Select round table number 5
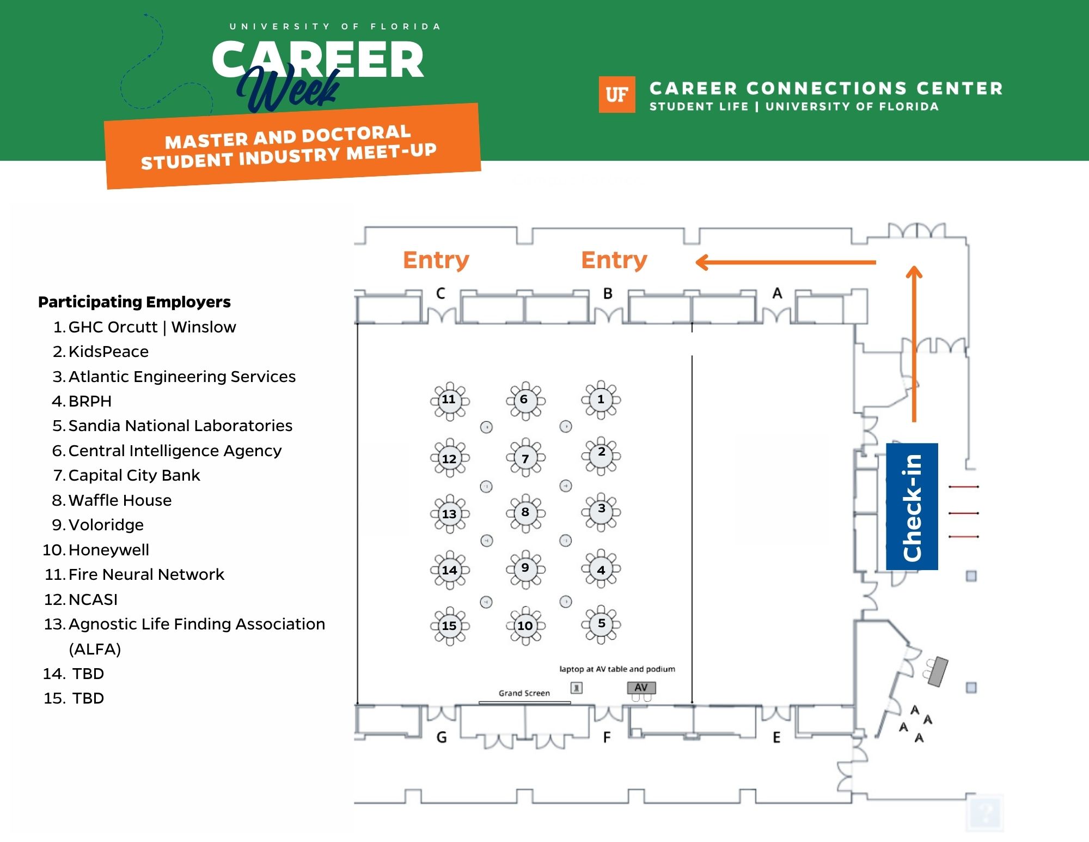tap(601, 625)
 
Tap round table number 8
tap(525, 513)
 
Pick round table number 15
tap(449, 626)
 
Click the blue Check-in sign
tap(912, 507)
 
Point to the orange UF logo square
tap(617, 95)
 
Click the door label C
tap(441, 293)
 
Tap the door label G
tap(442, 738)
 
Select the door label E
tap(776, 738)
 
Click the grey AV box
tap(641, 688)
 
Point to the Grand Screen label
tap(524, 693)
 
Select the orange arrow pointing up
tap(914, 343)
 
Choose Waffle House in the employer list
tap(120, 500)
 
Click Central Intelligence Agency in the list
tap(175, 451)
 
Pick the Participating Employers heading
tap(134, 302)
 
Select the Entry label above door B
tap(614, 260)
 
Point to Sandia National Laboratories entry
tap(180, 426)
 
